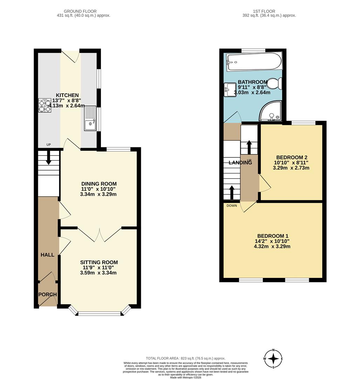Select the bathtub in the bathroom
(253, 62)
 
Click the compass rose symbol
(273, 359)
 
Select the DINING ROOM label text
(99, 184)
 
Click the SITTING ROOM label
(99, 262)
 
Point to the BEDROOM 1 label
(272, 236)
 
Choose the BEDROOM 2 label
(291, 157)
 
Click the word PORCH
(47, 294)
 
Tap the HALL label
(47, 255)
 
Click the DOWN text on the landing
(232, 206)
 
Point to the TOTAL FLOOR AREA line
(185, 358)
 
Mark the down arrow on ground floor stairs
(48, 158)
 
